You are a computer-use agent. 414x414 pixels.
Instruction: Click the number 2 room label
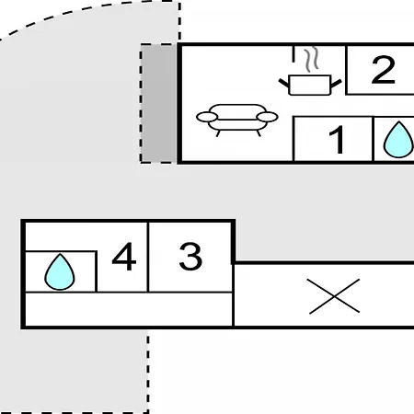pos(383,70)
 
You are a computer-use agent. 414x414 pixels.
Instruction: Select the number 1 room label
pos(337,140)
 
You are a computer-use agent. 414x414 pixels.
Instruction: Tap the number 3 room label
pos(190,257)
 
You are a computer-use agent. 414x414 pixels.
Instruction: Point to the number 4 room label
pos(124,257)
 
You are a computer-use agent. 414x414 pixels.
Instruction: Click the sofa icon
pos(237,121)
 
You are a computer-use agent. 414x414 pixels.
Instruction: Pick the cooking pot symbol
pos(310,85)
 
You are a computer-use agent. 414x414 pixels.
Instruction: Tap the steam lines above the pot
pos(311,60)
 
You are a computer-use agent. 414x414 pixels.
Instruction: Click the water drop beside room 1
pos(398,140)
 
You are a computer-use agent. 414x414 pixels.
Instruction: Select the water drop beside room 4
pos(60,272)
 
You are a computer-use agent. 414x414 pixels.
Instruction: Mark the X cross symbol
pos(334,296)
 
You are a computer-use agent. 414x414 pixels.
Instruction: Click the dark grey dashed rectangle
pos(157,103)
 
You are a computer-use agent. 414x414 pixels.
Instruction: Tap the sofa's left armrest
pos(207,117)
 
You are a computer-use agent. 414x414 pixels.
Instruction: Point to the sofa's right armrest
pos(268,117)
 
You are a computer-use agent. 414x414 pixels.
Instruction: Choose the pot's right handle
pos(336,84)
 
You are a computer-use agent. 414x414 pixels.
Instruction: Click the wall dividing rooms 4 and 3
pos(148,257)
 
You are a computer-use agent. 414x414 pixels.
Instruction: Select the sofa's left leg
pos(218,133)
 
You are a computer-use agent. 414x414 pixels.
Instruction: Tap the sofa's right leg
pos(259,133)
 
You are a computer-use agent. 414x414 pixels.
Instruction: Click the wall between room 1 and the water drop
pos(373,139)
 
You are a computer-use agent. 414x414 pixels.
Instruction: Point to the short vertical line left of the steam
pos(293,54)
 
